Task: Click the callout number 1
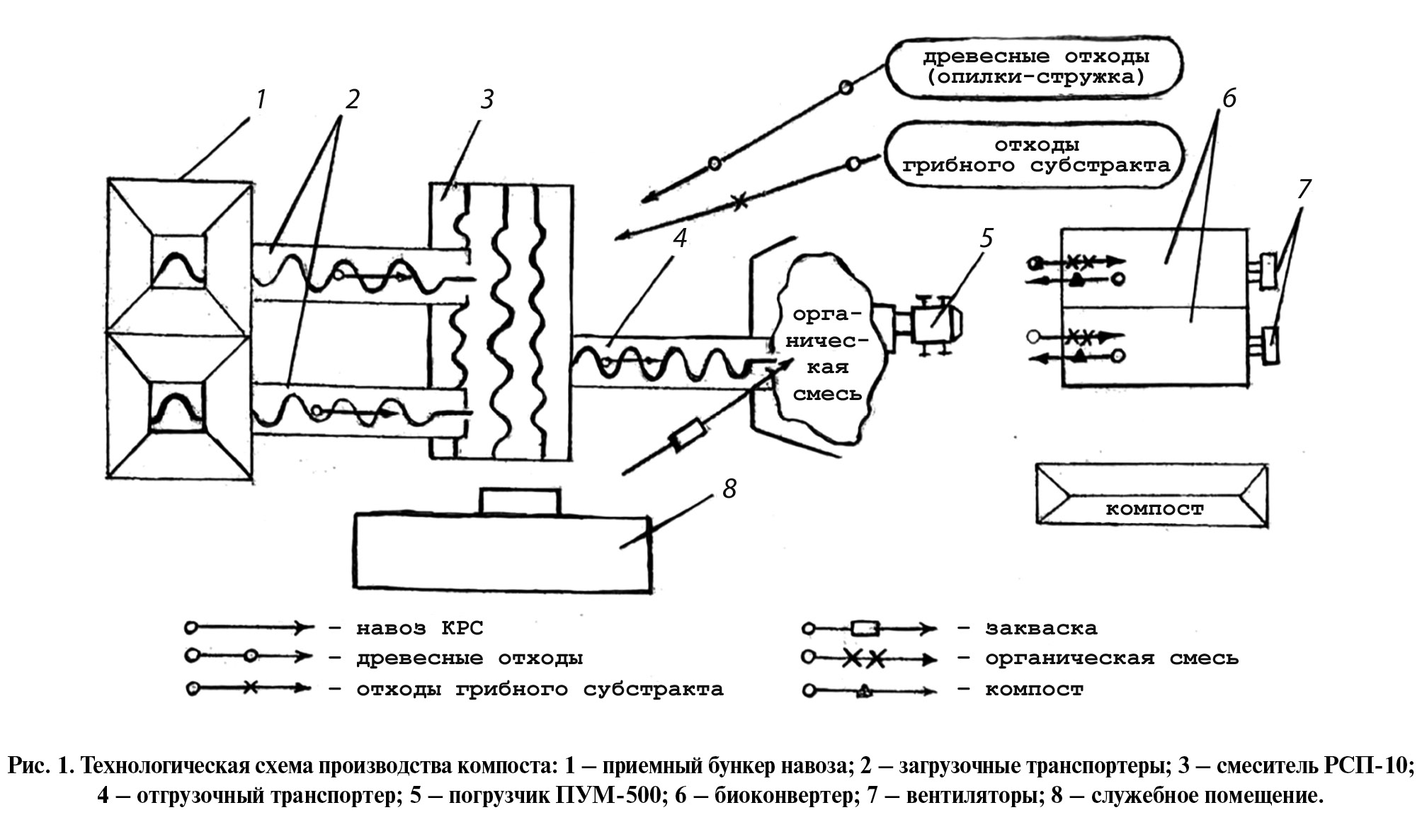[261, 100]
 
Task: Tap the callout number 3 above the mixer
[487, 100]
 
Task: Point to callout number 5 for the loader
[987, 238]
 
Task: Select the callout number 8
[729, 489]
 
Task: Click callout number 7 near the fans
[1304, 189]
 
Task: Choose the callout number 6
[1229, 98]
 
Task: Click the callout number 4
[680, 238]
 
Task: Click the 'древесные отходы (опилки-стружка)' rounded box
[1035, 67]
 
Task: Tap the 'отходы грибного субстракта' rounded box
[1036, 156]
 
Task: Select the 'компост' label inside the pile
[1154, 508]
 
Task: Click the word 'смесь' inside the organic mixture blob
[827, 394]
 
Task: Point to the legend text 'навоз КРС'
[419, 628]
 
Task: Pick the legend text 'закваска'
[1041, 628]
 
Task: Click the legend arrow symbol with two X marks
[870, 658]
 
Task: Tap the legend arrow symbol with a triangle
[870, 690]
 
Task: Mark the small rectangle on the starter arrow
[688, 435]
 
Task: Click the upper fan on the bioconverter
[1268, 271]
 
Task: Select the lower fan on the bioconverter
[1272, 346]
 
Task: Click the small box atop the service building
[520, 501]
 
